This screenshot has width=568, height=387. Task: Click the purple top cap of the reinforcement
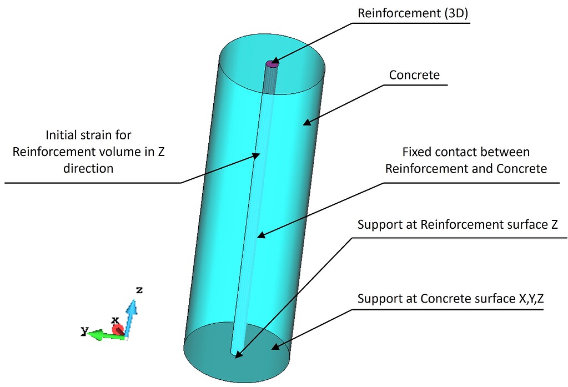point(272,64)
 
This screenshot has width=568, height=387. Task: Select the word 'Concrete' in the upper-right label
point(414,75)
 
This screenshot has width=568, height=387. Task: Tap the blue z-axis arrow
point(130,316)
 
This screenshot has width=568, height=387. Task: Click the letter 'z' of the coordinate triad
point(140,290)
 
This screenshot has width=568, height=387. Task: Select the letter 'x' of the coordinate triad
point(115,320)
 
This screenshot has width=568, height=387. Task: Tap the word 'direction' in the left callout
point(89,168)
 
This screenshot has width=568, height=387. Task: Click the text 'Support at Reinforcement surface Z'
point(458,225)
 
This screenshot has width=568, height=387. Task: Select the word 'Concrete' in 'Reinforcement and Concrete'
point(522,168)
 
